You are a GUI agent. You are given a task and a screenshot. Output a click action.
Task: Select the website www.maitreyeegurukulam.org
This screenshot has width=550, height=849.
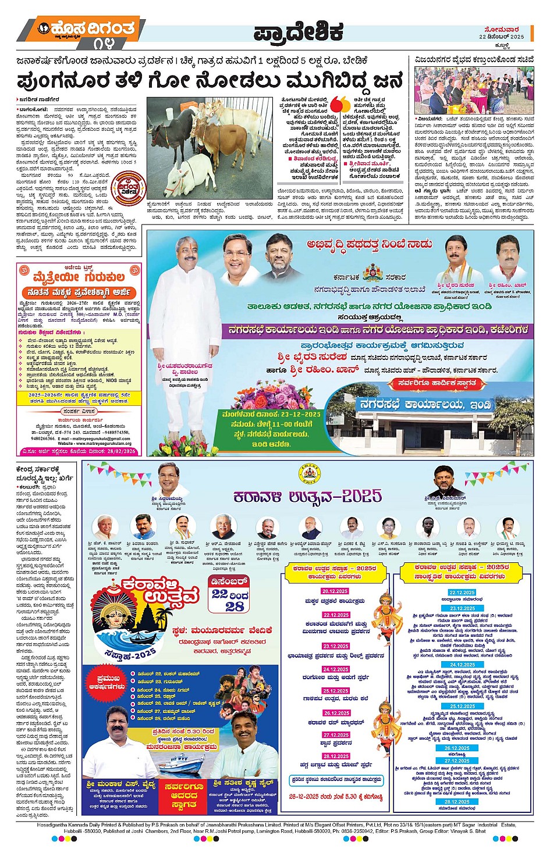(x=94, y=443)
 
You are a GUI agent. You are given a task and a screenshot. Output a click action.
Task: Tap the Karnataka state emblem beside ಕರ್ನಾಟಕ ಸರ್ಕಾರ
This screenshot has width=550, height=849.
(x=372, y=273)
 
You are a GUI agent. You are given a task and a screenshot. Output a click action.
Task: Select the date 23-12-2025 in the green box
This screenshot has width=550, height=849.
(x=297, y=414)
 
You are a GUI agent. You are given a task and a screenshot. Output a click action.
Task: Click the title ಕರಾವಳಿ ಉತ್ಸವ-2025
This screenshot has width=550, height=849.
(x=307, y=496)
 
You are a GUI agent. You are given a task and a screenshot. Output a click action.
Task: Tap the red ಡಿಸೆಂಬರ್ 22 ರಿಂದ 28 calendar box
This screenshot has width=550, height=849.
(x=229, y=593)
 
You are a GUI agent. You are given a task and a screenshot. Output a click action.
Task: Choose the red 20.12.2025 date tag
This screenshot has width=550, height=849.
(x=335, y=591)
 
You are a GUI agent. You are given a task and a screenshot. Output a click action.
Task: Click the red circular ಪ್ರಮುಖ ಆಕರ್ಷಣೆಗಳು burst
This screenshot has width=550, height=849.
(x=108, y=682)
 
